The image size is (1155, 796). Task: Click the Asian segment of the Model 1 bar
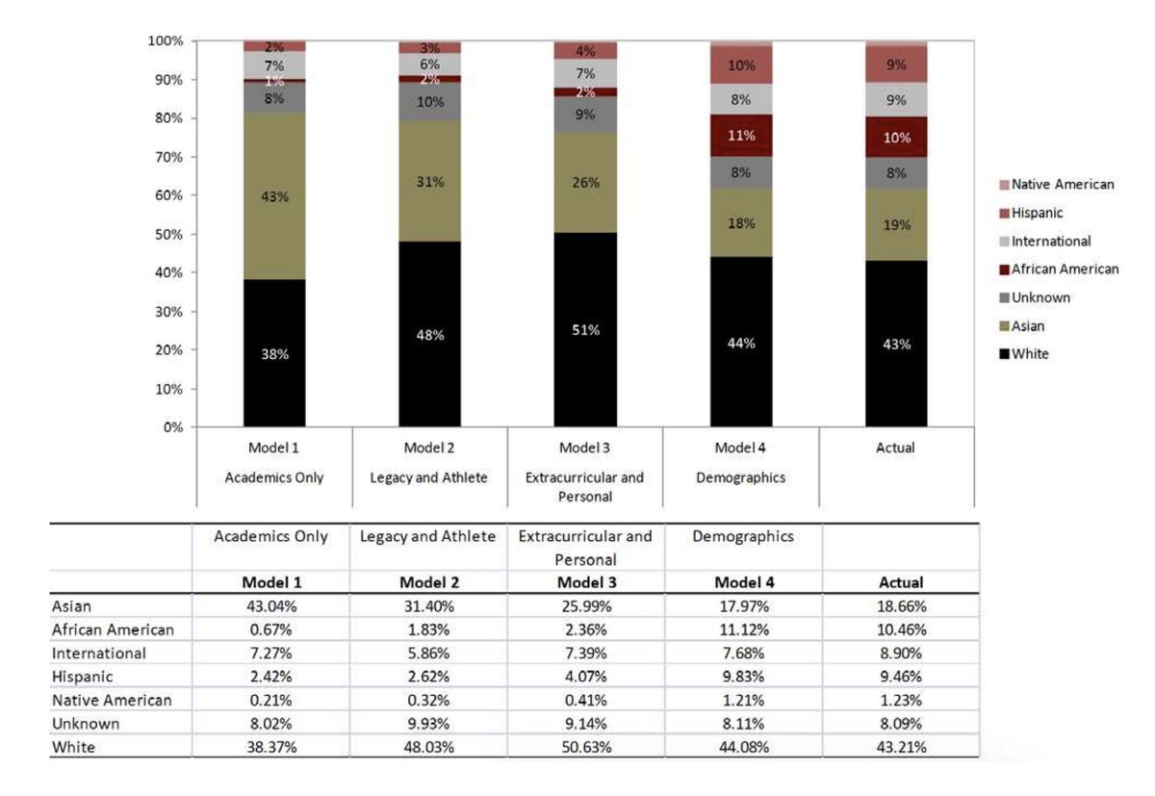click(274, 195)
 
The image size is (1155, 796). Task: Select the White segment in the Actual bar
click(896, 344)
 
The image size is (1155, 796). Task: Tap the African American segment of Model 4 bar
click(741, 136)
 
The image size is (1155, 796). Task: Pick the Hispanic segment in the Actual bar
click(896, 65)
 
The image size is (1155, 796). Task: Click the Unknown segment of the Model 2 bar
click(430, 102)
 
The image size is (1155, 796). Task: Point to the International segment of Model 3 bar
click(585, 73)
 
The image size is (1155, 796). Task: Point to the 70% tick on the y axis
click(169, 157)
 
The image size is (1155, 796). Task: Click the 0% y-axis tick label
click(173, 427)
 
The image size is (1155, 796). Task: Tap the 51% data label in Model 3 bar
click(585, 330)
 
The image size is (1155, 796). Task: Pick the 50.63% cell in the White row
click(585, 747)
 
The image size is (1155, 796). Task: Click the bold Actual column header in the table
click(901, 582)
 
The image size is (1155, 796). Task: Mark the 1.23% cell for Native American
click(901, 701)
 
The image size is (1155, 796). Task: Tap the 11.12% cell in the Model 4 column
click(741, 630)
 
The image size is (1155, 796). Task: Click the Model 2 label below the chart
click(430, 449)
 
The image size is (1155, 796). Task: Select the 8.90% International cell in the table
click(901, 654)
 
